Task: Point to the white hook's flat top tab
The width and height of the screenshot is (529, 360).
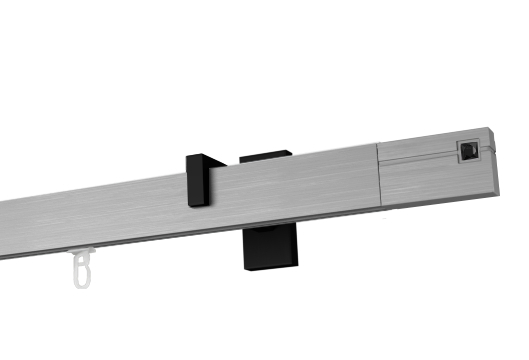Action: [x=86, y=251]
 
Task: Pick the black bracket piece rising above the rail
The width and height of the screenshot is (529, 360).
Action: [x=266, y=155]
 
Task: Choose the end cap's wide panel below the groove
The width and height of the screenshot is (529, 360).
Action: [x=430, y=180]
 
